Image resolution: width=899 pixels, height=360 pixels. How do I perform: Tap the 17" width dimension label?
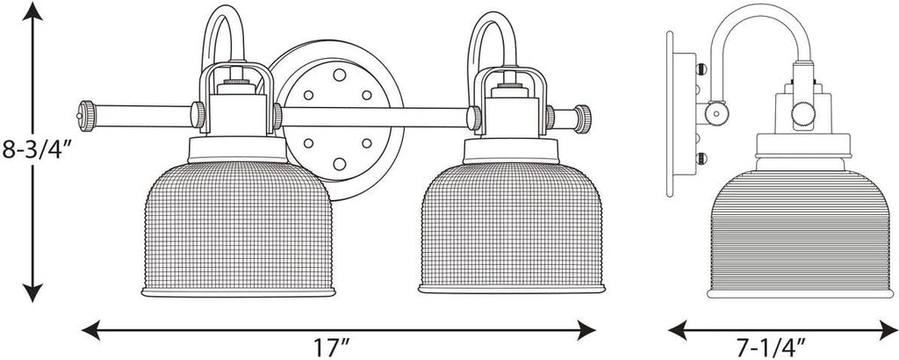point(331,348)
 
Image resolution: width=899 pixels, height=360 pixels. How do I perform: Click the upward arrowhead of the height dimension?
point(32,11)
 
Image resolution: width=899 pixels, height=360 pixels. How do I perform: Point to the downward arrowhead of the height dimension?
point(32,292)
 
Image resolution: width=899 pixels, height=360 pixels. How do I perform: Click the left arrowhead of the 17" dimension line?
point(91,330)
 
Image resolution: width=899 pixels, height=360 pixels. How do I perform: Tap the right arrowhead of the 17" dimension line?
point(586,330)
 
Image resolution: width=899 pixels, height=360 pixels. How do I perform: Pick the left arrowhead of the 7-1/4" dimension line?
point(679,330)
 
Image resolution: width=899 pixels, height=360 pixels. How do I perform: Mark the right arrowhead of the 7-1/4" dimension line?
point(888,330)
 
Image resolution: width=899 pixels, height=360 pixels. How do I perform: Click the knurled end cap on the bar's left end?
point(87,116)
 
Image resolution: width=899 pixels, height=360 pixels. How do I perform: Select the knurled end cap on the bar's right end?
point(583,119)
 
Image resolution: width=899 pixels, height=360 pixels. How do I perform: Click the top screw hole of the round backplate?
point(340,75)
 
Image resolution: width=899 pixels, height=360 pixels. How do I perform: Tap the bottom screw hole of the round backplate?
point(340,164)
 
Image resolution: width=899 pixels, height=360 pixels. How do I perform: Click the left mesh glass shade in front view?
point(238,228)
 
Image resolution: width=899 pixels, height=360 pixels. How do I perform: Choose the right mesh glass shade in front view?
point(512,228)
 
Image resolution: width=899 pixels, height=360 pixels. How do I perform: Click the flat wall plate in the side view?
point(670,115)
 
